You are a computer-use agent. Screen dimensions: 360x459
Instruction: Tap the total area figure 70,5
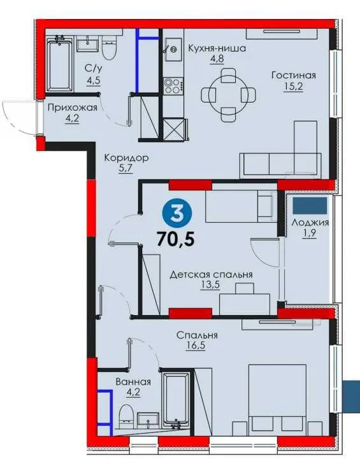click(x=176, y=239)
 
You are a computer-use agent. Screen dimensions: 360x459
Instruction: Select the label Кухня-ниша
click(x=217, y=48)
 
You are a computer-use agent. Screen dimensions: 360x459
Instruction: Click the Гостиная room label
click(x=294, y=75)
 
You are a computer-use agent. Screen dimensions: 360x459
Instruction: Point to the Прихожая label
click(x=72, y=108)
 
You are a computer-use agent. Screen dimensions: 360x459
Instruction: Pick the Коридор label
click(x=127, y=159)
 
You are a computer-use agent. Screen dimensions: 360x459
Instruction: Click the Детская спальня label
click(x=211, y=274)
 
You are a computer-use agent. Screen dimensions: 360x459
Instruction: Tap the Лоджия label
click(x=310, y=223)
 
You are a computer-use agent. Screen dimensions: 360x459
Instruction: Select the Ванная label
click(x=133, y=382)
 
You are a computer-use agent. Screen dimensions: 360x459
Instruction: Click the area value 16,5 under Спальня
click(x=196, y=346)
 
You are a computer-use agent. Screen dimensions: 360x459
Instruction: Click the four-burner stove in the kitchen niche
click(x=173, y=86)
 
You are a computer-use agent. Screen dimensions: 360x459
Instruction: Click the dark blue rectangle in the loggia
click(x=310, y=206)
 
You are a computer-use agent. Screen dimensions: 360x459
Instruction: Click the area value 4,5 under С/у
click(x=94, y=80)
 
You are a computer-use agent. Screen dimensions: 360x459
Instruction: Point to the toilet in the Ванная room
click(x=127, y=413)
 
